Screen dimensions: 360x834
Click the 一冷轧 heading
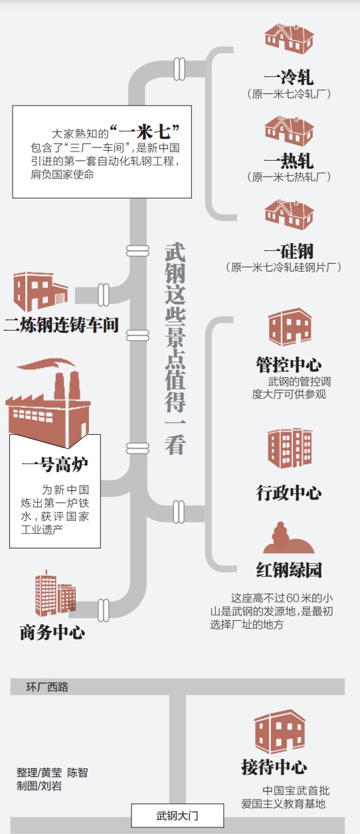point(288,78)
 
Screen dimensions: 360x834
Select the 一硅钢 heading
point(288,251)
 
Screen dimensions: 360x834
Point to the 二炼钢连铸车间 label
point(61,325)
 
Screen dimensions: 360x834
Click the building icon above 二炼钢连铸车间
point(41,292)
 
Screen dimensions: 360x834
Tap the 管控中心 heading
point(288,365)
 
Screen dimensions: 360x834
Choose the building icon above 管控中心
point(290,327)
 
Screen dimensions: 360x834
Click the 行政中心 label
point(288,493)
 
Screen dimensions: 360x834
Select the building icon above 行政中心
point(290,448)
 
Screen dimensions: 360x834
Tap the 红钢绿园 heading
point(288,570)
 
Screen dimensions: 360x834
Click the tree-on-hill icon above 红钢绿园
point(288,537)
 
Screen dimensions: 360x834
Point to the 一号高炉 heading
point(54,465)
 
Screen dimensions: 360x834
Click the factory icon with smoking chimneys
point(48,403)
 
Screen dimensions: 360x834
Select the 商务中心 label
point(52,633)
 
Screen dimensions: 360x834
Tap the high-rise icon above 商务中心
point(56,593)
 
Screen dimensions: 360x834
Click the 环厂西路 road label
point(47,687)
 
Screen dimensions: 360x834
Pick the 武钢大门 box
point(177,816)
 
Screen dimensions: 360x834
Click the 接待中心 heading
point(274,767)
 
